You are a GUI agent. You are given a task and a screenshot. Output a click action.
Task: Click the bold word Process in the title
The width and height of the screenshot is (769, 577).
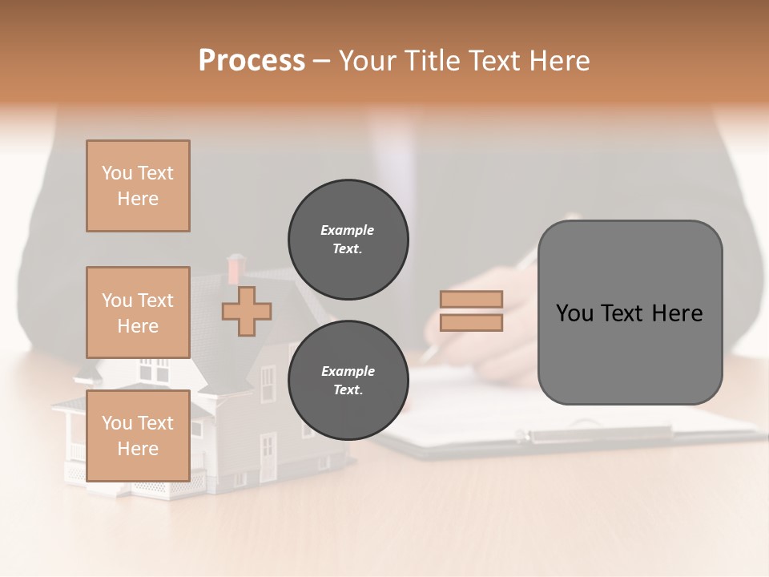tap(252, 60)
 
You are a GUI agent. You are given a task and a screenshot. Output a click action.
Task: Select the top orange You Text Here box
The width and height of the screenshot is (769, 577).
tap(138, 186)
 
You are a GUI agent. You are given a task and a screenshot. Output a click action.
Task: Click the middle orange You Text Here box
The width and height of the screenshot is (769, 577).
tap(138, 313)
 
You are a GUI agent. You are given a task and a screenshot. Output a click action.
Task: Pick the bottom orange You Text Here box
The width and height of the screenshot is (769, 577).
tap(138, 435)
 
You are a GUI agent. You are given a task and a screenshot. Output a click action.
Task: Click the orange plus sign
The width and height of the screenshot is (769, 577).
tap(247, 311)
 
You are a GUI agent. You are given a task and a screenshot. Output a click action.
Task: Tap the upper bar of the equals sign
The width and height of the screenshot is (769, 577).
tap(471, 299)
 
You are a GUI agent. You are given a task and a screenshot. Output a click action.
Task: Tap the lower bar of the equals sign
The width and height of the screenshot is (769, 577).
tap(471, 322)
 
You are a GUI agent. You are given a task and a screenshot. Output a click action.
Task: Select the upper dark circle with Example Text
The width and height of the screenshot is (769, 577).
tap(348, 239)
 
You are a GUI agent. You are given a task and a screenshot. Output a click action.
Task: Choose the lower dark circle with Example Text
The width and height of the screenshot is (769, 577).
tap(348, 380)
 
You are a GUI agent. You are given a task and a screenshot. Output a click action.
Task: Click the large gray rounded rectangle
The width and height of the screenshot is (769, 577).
tap(630, 313)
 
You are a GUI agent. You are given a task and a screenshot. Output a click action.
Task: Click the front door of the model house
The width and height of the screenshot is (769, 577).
tap(267, 458)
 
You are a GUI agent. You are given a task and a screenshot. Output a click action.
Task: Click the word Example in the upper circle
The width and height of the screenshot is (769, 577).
tap(348, 230)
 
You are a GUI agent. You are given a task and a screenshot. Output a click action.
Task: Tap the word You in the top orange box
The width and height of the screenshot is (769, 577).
tap(116, 173)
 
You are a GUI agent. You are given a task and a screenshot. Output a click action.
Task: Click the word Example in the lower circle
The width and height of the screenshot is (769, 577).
tap(348, 371)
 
